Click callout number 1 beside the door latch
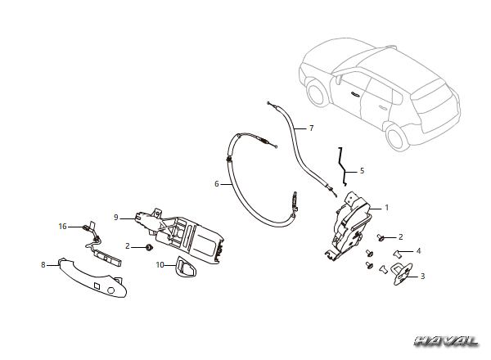click(387, 208)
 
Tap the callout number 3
click(422, 276)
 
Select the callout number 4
click(419, 250)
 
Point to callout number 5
click(362, 171)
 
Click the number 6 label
click(216, 184)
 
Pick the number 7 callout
click(311, 128)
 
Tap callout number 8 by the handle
click(43, 265)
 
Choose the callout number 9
click(116, 218)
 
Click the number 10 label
click(160, 265)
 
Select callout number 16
click(63, 226)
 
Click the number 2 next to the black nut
click(127, 246)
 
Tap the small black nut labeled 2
click(150, 248)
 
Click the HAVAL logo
click(446, 341)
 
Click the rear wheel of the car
click(395, 137)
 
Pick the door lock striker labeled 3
click(403, 274)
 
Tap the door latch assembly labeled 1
click(349, 225)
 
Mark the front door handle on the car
click(354, 93)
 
